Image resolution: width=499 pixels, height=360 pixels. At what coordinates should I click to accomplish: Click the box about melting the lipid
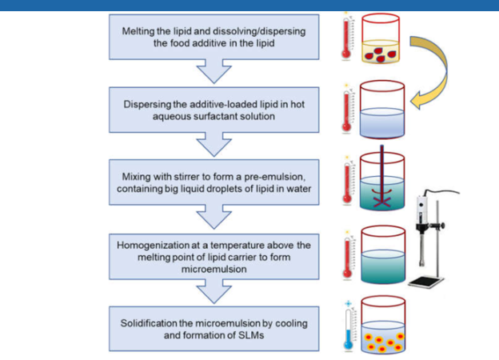pos(212,36)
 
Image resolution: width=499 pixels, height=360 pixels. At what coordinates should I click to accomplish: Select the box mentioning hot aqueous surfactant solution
pos(212,110)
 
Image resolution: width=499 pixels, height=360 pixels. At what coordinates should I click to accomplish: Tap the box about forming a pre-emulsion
pos(212,182)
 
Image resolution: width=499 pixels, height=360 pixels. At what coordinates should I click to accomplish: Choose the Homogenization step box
pos(212,254)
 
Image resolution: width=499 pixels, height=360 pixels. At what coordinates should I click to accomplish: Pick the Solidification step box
pos(212,327)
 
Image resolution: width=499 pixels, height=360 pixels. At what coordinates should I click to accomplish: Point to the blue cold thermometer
pos(347,329)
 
